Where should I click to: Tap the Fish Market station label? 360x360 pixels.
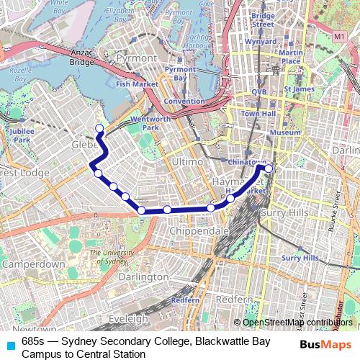point(136,84)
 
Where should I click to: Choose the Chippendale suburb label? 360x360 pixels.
point(199,230)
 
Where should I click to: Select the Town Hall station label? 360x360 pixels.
point(259,114)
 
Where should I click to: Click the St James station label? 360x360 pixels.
point(300,89)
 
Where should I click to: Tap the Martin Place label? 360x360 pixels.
point(291,57)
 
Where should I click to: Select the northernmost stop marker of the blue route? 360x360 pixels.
point(99,129)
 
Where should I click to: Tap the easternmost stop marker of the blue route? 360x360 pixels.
point(269,168)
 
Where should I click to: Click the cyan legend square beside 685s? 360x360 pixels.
point(10,344)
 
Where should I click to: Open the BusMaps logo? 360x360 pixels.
point(325,345)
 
